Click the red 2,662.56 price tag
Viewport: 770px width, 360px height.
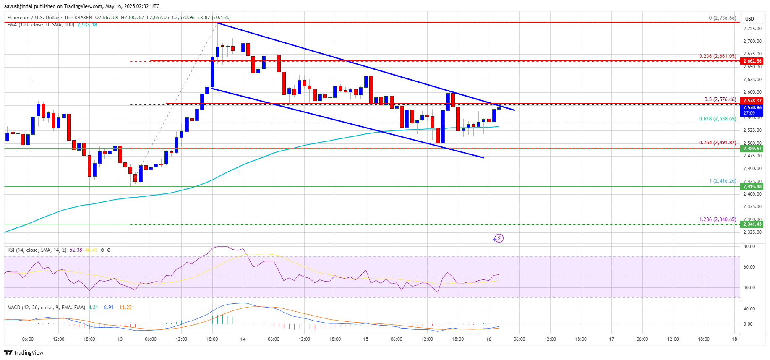752,61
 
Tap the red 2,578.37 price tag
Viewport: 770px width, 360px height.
752,101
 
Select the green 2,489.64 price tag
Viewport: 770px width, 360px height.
752,149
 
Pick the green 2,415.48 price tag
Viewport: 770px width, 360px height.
752,186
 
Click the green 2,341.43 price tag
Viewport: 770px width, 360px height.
752,224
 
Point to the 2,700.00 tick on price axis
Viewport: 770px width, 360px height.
752,41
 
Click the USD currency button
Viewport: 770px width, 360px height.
749,18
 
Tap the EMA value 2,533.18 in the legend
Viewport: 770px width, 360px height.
87,25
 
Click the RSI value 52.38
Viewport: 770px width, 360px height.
76,250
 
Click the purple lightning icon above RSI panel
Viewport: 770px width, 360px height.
498,238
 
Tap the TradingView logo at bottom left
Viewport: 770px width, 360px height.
24,352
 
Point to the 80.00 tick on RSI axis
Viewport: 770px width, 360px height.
749,246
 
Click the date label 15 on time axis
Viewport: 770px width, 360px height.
366,339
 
